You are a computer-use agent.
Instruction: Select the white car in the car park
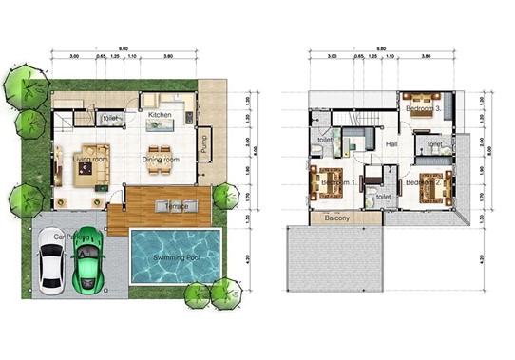click(x=52, y=264)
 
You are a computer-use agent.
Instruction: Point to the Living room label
click(x=90, y=160)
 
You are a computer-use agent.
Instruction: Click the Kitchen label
click(x=160, y=115)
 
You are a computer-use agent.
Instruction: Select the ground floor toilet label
click(x=111, y=118)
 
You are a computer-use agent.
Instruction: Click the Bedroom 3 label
click(x=423, y=109)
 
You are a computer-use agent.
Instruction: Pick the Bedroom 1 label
click(x=339, y=181)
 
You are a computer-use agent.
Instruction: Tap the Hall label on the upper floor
click(x=391, y=144)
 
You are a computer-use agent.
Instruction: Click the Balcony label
click(x=337, y=218)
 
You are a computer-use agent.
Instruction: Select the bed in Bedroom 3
click(x=417, y=102)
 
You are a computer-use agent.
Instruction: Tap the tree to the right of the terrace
click(x=225, y=196)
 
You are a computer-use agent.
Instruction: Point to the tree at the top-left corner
click(x=21, y=86)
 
